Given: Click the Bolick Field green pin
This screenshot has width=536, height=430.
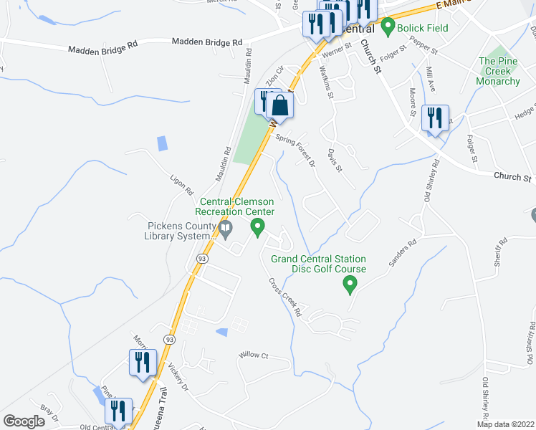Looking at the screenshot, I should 388,28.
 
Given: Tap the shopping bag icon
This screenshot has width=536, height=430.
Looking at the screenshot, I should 281,106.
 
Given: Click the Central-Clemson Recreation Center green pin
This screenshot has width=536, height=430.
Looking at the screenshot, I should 257,228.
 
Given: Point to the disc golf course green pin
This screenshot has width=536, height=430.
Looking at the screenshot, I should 350,285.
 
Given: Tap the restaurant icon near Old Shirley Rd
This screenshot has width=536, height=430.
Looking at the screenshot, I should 434,118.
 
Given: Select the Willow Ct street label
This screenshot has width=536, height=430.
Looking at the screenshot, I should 253,355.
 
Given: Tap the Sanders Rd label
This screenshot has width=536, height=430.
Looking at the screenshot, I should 402,254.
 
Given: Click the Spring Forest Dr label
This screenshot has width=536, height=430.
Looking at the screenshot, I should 295,151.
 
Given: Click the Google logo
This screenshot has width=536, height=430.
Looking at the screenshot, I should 24,421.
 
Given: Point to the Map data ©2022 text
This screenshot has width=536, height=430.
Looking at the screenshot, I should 505,424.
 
